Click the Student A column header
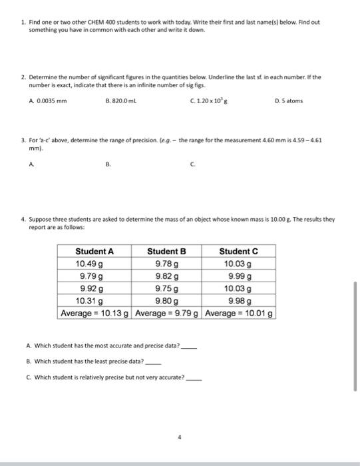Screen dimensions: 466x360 tap(94, 251)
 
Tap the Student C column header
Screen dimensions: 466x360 tap(238, 251)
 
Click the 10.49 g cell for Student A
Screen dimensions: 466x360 tap(94, 264)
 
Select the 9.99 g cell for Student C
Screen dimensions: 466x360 tap(238, 276)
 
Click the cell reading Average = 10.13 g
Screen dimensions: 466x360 tap(94, 313)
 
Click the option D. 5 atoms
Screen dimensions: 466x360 tap(291, 120)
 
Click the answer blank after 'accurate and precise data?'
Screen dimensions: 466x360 tap(190, 347)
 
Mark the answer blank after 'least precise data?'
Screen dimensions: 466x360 tap(153, 363)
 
